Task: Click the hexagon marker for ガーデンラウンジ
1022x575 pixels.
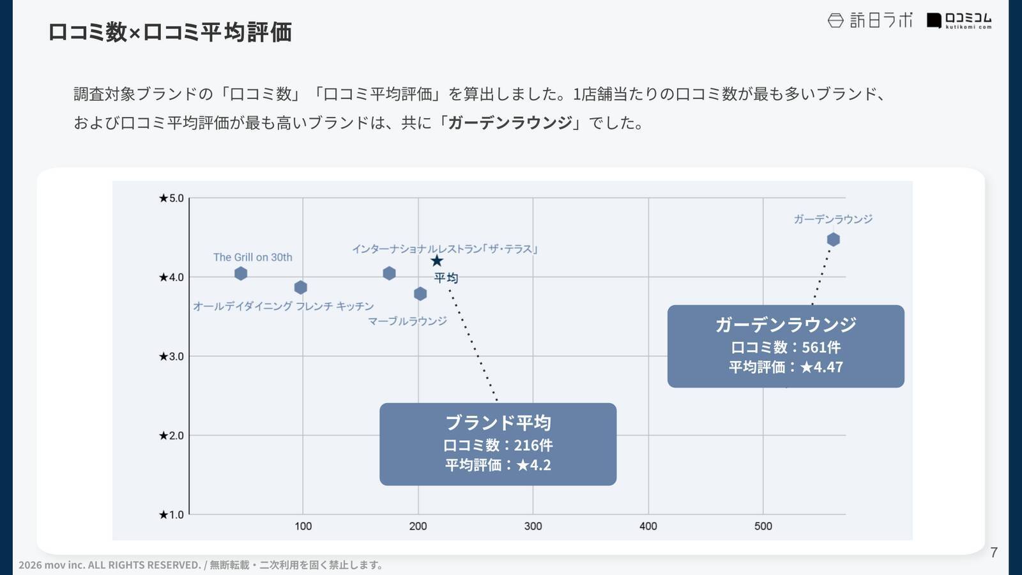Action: [833, 240]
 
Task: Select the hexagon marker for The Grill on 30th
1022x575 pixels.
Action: [241, 273]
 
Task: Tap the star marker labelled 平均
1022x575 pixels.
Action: [437, 261]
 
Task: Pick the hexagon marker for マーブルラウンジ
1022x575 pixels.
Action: [420, 294]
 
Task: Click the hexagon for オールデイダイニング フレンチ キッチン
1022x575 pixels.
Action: [301, 287]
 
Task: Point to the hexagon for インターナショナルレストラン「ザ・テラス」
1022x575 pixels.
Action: [389, 273]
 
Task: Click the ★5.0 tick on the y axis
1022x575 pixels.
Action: [171, 198]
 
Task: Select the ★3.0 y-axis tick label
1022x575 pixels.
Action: [171, 356]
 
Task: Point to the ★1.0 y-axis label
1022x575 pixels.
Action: [171, 515]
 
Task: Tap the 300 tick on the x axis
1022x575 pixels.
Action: [533, 526]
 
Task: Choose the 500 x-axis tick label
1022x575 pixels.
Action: [763, 526]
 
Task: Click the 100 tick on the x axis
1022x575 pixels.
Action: [303, 526]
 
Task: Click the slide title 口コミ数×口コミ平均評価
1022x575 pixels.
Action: [170, 32]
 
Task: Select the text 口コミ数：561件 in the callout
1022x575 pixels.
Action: [786, 348]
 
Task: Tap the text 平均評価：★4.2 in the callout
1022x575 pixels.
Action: [498, 465]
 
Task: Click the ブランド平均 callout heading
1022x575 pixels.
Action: [498, 423]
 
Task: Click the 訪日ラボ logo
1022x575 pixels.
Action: [870, 20]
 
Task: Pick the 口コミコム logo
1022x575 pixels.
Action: [959, 20]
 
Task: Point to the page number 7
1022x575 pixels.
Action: [993, 553]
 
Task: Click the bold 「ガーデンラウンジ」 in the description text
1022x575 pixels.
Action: [510, 123]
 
